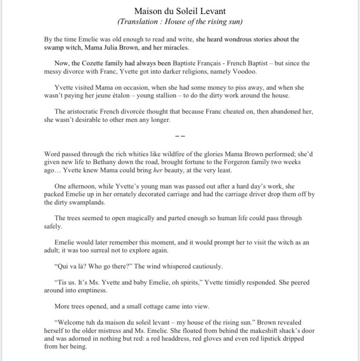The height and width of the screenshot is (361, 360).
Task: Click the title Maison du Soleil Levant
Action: (180, 11)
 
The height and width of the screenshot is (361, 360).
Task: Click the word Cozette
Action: (97, 64)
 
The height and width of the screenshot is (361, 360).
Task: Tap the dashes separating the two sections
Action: (180, 137)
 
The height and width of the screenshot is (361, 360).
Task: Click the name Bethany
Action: (95, 162)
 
